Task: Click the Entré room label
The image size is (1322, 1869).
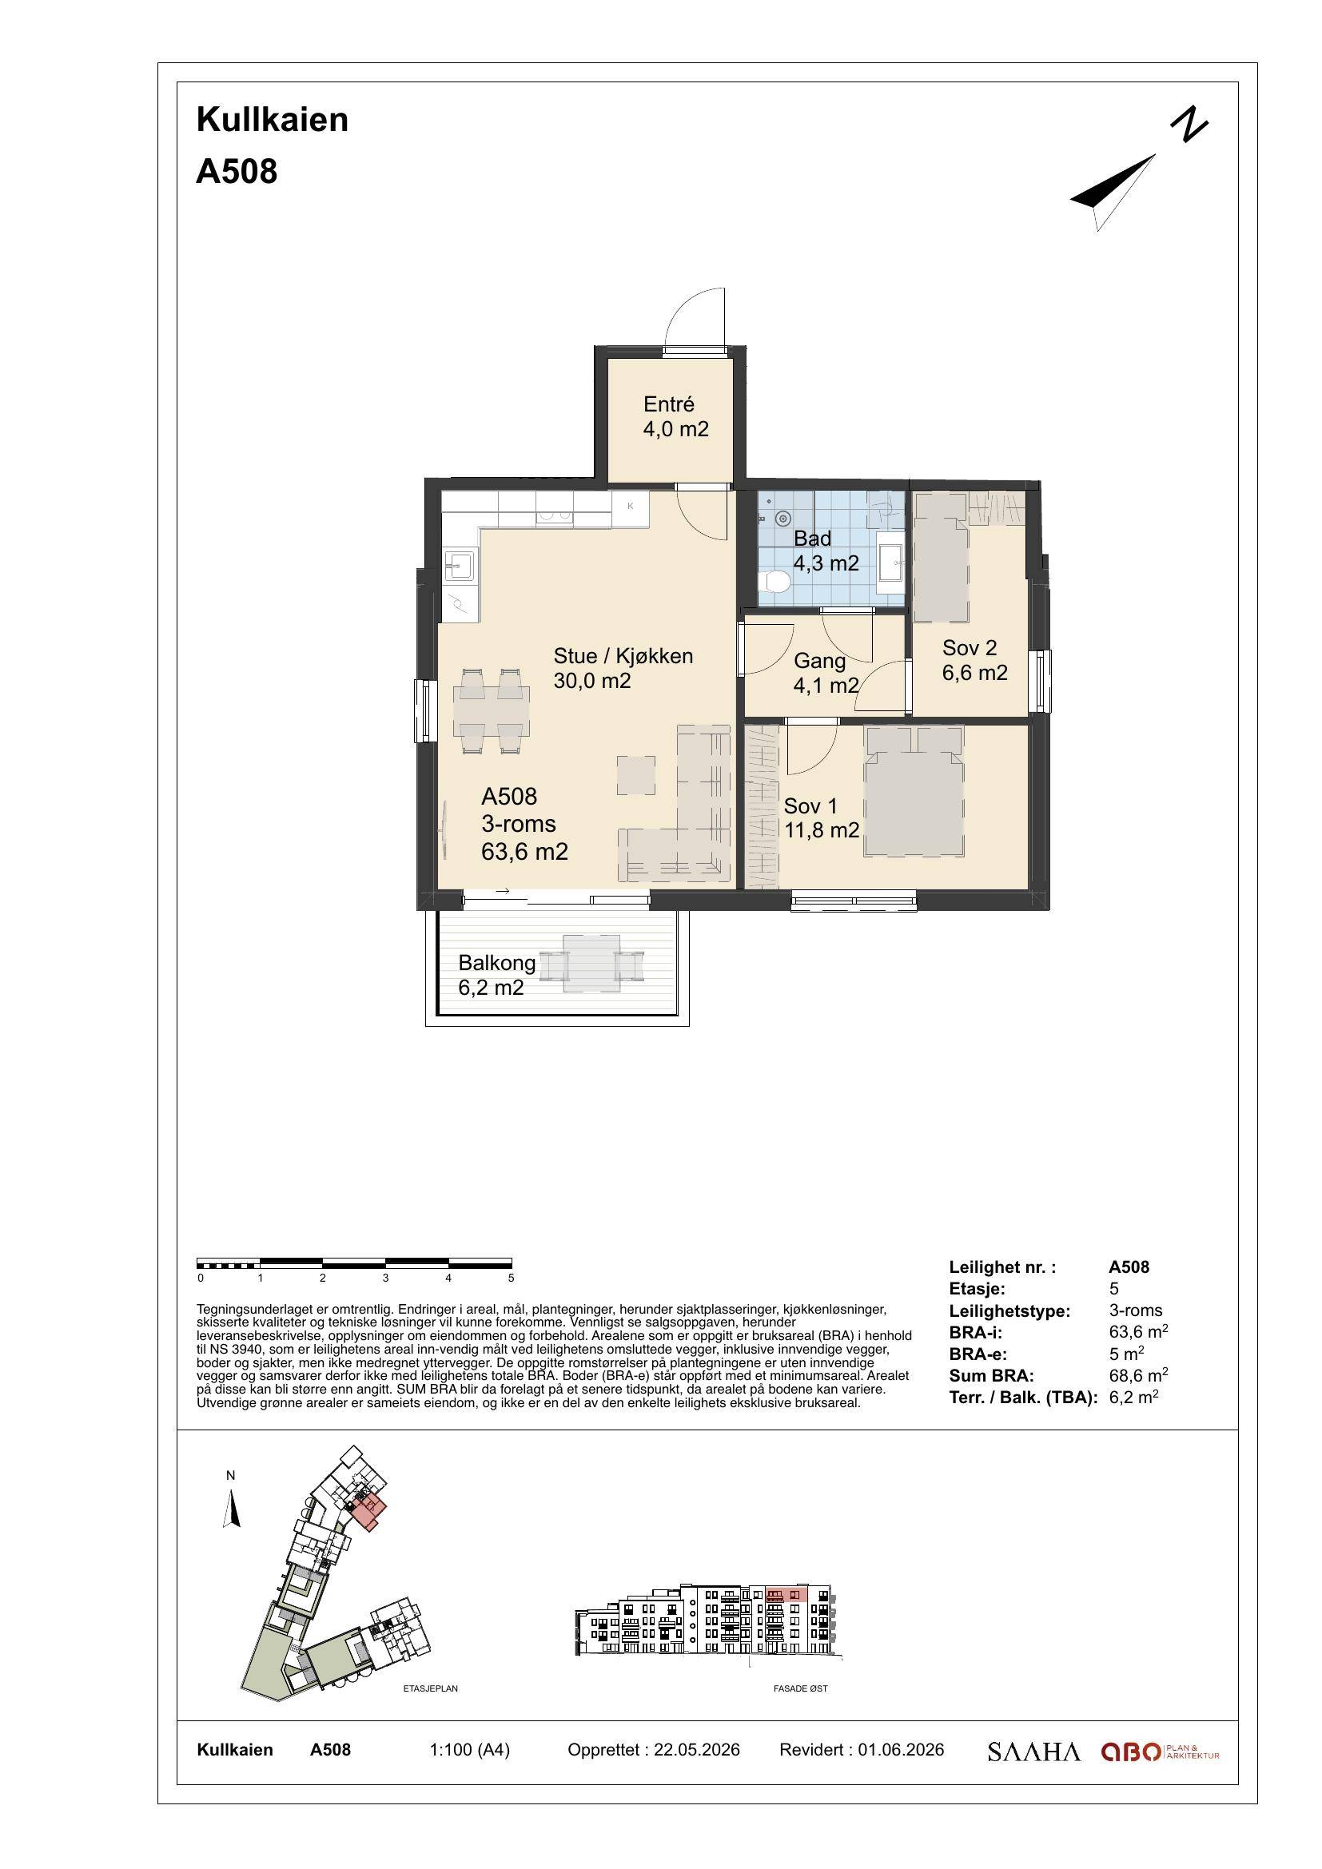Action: pos(668,404)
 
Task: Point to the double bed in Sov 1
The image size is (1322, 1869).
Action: pos(914,791)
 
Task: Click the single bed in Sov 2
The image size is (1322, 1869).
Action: pos(942,558)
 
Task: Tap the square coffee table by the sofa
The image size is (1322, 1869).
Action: pos(635,775)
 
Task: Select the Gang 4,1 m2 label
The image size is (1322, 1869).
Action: pos(826,673)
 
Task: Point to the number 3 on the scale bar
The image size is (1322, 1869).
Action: pos(386,1278)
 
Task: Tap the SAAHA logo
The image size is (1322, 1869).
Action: pos(1033,1752)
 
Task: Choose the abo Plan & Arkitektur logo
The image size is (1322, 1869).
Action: pos(1160,1752)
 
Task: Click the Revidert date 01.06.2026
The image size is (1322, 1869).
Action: pos(901,1750)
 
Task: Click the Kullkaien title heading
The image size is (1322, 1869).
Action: pos(272,120)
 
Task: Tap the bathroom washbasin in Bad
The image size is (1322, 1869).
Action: pos(890,561)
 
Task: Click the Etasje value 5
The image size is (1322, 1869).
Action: pos(1114,1289)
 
